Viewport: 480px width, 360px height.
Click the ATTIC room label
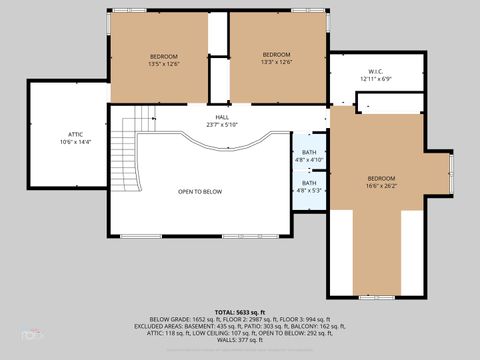point(75,133)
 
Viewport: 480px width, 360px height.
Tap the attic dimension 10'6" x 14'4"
point(75,142)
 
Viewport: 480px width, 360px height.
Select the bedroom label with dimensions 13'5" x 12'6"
point(164,56)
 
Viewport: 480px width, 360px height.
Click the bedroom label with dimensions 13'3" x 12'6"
point(276,54)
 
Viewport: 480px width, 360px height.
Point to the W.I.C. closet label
point(376,71)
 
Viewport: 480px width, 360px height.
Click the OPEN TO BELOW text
point(200,191)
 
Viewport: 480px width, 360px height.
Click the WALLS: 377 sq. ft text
point(240,339)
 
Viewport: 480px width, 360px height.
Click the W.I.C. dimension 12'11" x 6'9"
point(376,80)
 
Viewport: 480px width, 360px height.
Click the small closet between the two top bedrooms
point(219,80)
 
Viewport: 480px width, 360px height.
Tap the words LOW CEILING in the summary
point(207,332)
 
